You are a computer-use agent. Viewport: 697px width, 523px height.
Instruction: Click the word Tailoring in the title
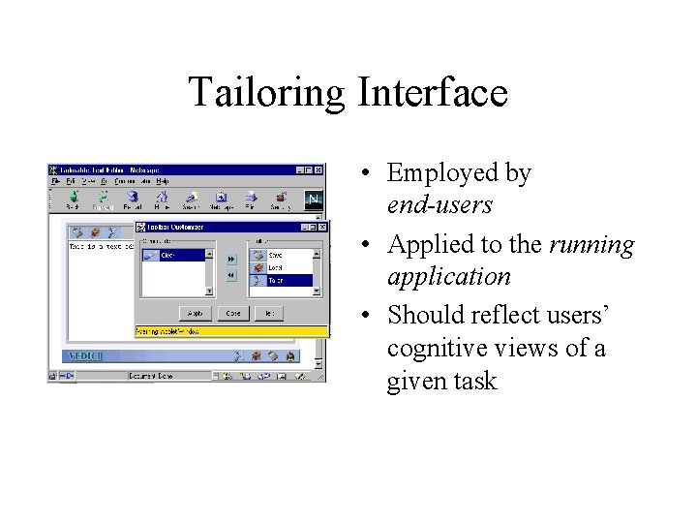tap(266, 93)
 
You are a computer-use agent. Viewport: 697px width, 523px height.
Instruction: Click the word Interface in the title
tap(432, 93)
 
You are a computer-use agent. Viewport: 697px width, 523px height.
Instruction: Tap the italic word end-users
tap(439, 205)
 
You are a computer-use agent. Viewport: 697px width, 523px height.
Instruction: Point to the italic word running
tap(591, 244)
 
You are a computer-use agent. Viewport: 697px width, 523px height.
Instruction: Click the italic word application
tap(448, 276)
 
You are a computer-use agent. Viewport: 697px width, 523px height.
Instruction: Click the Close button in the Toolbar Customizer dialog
tap(233, 314)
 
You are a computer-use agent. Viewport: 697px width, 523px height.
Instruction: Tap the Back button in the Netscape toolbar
tap(72, 200)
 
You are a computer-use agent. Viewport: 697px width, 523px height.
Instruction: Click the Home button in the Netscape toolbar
tap(161, 200)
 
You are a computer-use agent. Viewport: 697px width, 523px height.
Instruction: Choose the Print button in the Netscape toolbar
tap(249, 200)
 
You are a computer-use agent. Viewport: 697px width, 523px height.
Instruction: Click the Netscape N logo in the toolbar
tap(313, 200)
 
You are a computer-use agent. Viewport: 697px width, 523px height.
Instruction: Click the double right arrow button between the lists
tap(231, 260)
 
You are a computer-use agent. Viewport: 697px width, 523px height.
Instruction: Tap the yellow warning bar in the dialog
tap(231, 331)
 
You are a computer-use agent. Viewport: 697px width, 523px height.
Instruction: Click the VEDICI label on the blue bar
tap(83, 355)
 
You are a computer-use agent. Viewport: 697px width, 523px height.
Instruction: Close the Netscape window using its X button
tap(318, 170)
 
